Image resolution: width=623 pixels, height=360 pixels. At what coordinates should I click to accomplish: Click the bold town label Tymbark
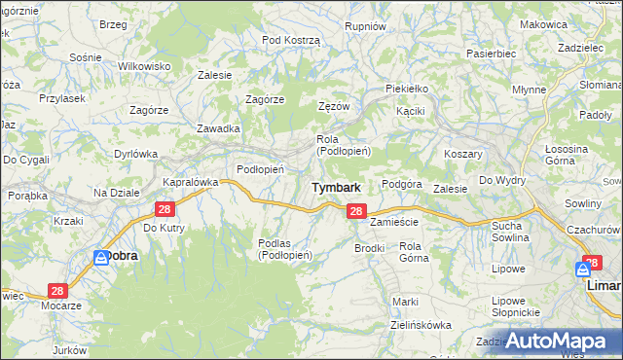(336, 187)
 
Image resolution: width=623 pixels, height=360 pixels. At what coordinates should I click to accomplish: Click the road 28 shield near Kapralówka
(164, 209)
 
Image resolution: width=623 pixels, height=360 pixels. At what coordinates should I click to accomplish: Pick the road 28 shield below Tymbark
(356, 211)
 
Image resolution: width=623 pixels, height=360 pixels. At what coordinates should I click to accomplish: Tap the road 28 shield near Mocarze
(57, 291)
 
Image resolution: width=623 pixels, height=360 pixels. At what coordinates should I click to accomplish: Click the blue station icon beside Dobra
(101, 257)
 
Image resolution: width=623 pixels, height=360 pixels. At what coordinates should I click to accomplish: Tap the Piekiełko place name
(407, 89)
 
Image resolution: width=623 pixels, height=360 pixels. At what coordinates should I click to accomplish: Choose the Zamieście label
(393, 222)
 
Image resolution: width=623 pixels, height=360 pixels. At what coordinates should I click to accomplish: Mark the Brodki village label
(370, 248)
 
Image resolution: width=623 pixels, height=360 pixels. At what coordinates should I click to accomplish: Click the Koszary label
(463, 155)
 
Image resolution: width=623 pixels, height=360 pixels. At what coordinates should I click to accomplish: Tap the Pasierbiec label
(490, 54)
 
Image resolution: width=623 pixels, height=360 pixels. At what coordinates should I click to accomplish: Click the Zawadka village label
(218, 128)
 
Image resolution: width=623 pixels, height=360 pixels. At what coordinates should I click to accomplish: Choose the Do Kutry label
(164, 228)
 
